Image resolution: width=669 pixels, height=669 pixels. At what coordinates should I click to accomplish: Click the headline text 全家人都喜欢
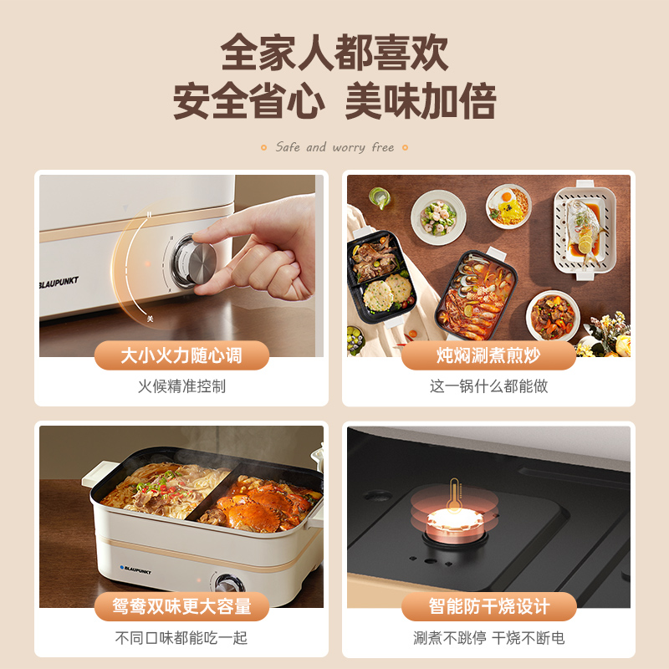tap(334, 52)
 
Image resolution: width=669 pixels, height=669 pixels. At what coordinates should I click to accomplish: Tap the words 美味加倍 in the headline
tap(421, 102)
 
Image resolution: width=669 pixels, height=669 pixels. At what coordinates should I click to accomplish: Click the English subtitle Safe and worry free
tap(334, 147)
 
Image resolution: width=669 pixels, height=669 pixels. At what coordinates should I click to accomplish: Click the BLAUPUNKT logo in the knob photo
tap(59, 281)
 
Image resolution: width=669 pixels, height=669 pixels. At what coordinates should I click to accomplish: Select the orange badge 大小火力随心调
tap(181, 355)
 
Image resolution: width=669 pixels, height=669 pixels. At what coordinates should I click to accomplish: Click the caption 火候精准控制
tap(181, 386)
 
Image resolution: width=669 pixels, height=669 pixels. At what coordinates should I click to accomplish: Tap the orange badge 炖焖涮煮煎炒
tap(488, 355)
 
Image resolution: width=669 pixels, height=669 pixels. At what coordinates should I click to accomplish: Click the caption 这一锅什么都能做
tap(488, 386)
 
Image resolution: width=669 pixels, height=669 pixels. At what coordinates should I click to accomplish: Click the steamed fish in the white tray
tap(583, 226)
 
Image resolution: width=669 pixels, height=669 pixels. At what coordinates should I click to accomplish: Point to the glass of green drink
tap(380, 197)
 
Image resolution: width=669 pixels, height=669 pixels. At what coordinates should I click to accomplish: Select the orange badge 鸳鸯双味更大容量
tap(181, 606)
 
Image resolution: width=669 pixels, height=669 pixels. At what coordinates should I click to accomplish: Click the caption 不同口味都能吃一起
tap(181, 637)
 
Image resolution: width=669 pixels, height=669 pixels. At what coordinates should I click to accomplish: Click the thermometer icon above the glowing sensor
tap(454, 496)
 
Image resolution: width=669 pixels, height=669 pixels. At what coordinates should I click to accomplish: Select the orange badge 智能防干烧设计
tap(488, 606)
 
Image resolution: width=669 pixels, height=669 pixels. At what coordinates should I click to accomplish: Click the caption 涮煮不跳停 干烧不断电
tap(488, 637)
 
